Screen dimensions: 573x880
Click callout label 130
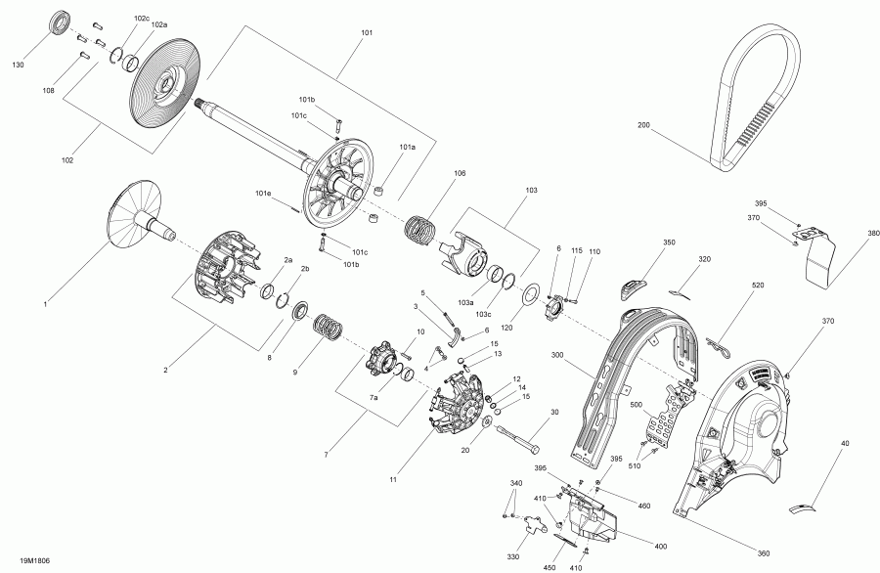[x=18, y=66]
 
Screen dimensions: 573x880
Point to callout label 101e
[x=263, y=194]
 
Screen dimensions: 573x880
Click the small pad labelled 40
[x=805, y=505]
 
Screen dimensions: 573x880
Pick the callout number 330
[x=512, y=558]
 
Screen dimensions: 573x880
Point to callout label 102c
[x=143, y=19]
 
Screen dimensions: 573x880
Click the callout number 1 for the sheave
[x=44, y=306]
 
